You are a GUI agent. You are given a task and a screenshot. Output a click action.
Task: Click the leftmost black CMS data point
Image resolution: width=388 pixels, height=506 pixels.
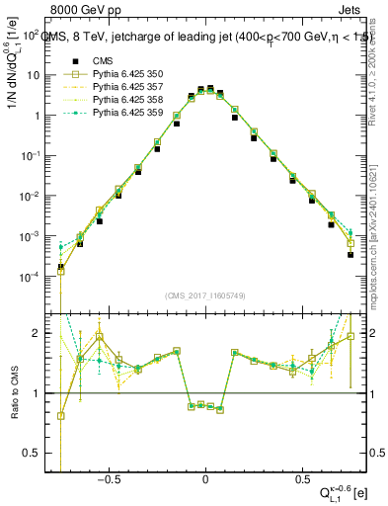point(61,267)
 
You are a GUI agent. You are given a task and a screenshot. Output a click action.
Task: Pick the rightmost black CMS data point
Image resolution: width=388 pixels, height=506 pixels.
point(350,254)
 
